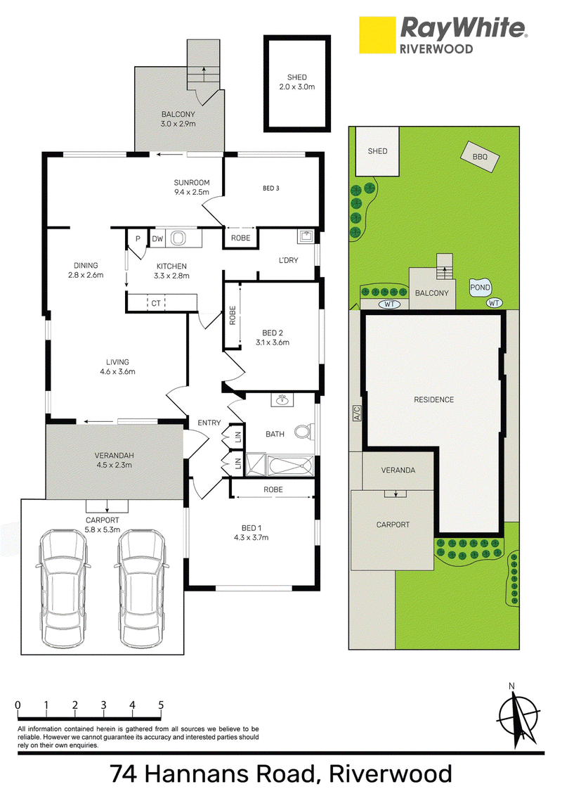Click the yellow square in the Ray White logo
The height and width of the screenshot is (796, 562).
[x=377, y=35]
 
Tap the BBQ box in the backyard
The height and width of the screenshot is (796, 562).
[x=480, y=157]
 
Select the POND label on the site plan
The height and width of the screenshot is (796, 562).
[x=480, y=288]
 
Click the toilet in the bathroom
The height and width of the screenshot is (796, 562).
[x=303, y=432]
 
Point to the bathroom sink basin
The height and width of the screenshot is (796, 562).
[x=282, y=401]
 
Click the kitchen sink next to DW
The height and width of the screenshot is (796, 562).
[x=178, y=238]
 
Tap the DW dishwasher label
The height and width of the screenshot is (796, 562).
[x=158, y=238]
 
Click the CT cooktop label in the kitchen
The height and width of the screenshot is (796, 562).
[x=156, y=303]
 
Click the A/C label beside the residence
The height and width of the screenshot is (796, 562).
[x=356, y=413]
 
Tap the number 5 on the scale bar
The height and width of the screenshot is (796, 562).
[x=162, y=705]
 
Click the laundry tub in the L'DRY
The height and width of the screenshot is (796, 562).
[x=306, y=236]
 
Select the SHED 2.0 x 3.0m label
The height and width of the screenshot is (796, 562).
[x=296, y=82]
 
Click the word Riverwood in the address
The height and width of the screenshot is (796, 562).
[x=391, y=774]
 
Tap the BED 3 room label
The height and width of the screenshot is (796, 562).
[x=271, y=188]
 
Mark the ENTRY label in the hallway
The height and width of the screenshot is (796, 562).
[x=209, y=423]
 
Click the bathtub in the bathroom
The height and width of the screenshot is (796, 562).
[x=289, y=465]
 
